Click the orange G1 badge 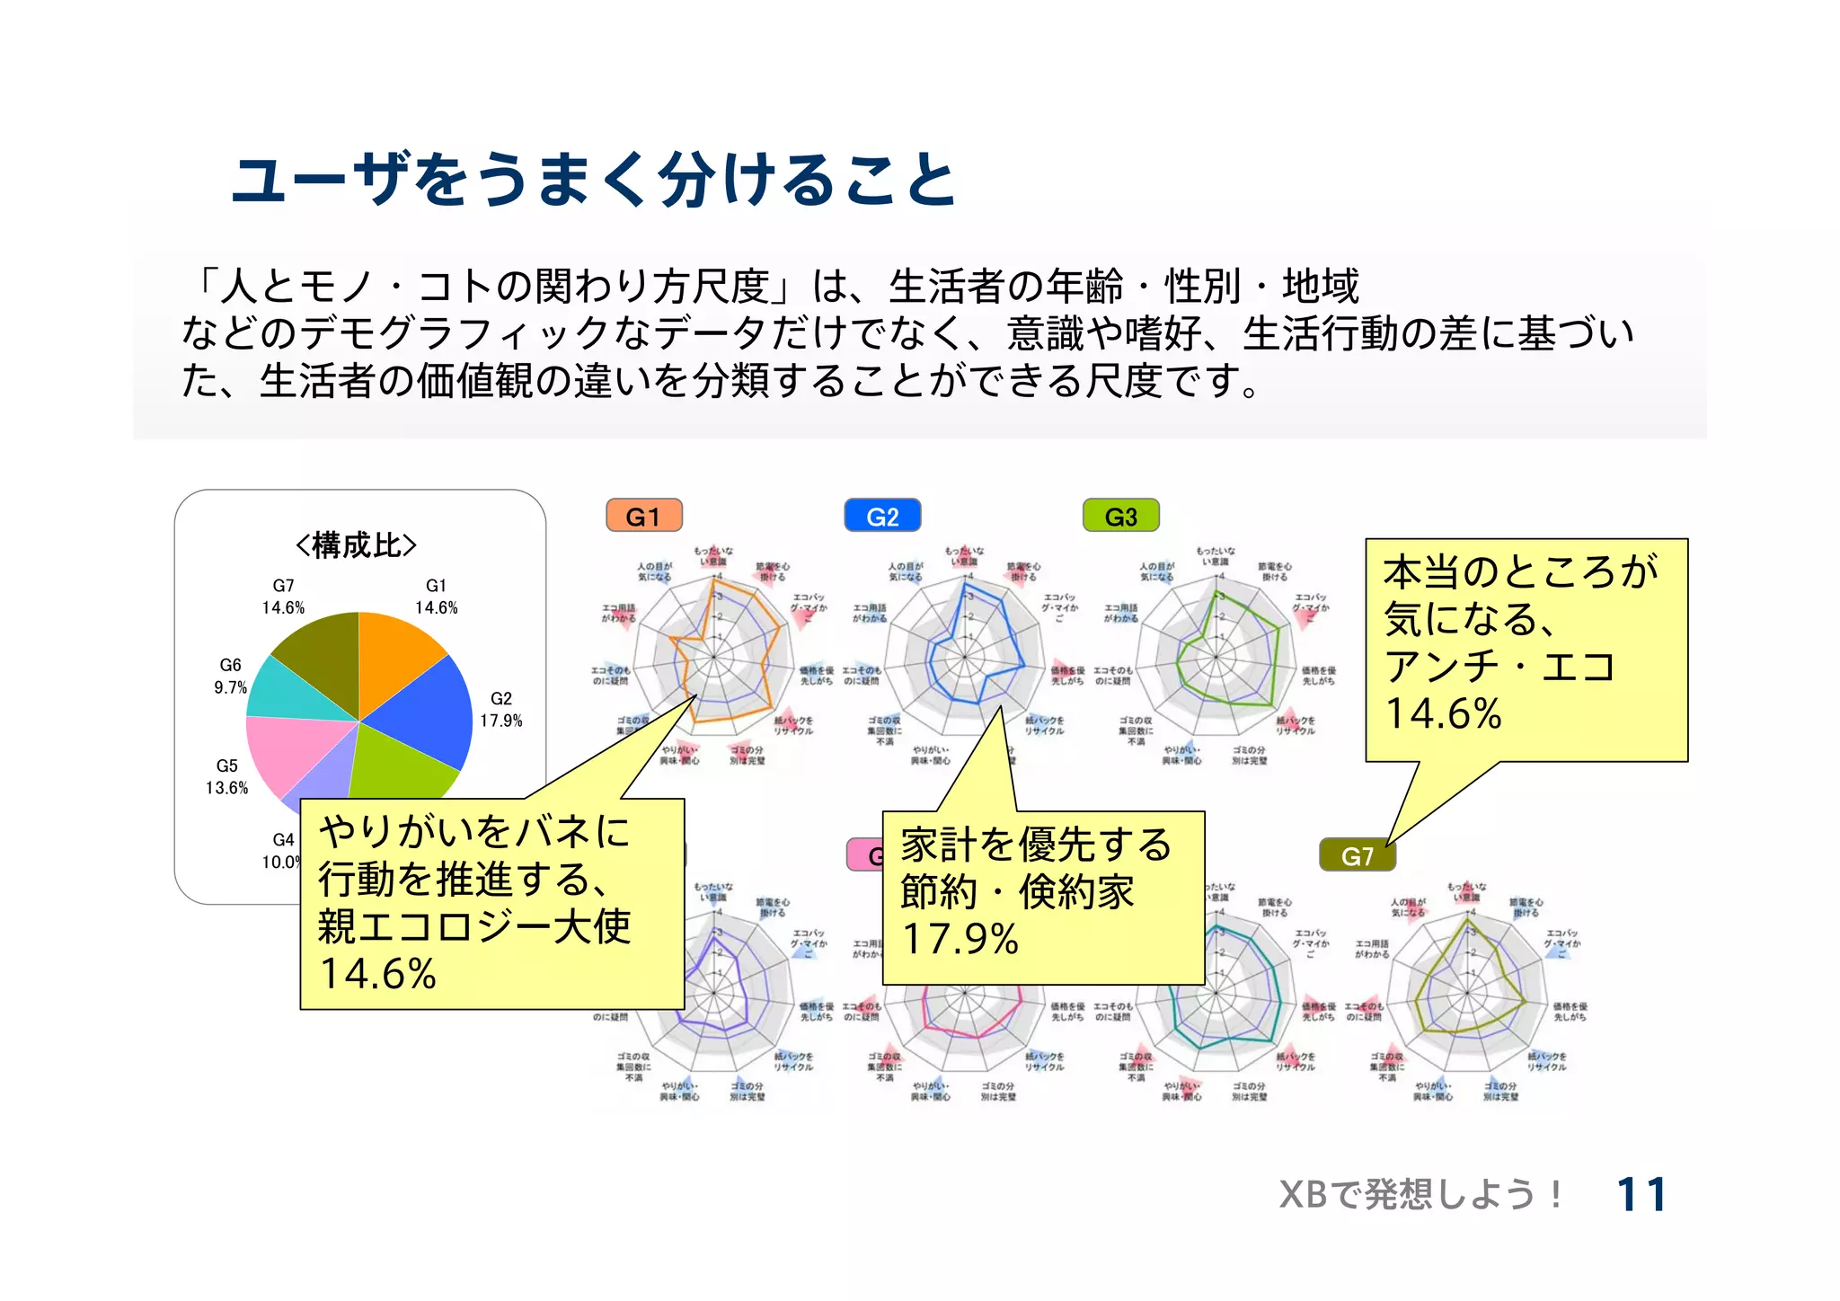point(644,517)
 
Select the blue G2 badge point(882,517)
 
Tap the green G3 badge point(1121,517)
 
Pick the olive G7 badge point(1358,855)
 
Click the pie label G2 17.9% point(501,710)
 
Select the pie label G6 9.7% point(230,677)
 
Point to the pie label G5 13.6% point(226,777)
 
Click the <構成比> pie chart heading point(357,545)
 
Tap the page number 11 point(1641,1195)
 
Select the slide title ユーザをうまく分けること point(594,180)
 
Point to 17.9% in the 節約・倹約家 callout point(960,940)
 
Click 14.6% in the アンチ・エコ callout point(1443,714)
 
